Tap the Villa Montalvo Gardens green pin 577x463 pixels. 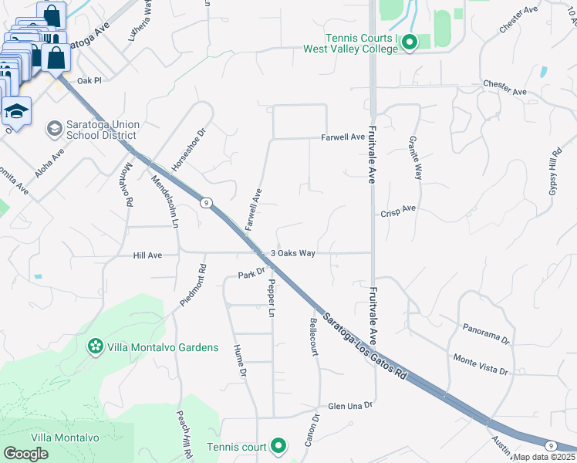[x=95, y=348]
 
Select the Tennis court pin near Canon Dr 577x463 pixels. [x=278, y=446]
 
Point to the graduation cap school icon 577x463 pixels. [x=16, y=111]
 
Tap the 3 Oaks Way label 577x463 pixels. [x=293, y=253]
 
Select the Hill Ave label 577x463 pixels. [x=147, y=255]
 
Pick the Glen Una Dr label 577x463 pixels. [x=350, y=405]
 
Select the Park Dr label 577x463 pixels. [x=251, y=274]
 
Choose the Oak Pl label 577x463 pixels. [x=89, y=80]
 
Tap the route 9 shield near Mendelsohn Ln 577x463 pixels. [x=205, y=203]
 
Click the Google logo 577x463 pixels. [x=26, y=453]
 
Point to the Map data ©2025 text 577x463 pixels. [x=545, y=457]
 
